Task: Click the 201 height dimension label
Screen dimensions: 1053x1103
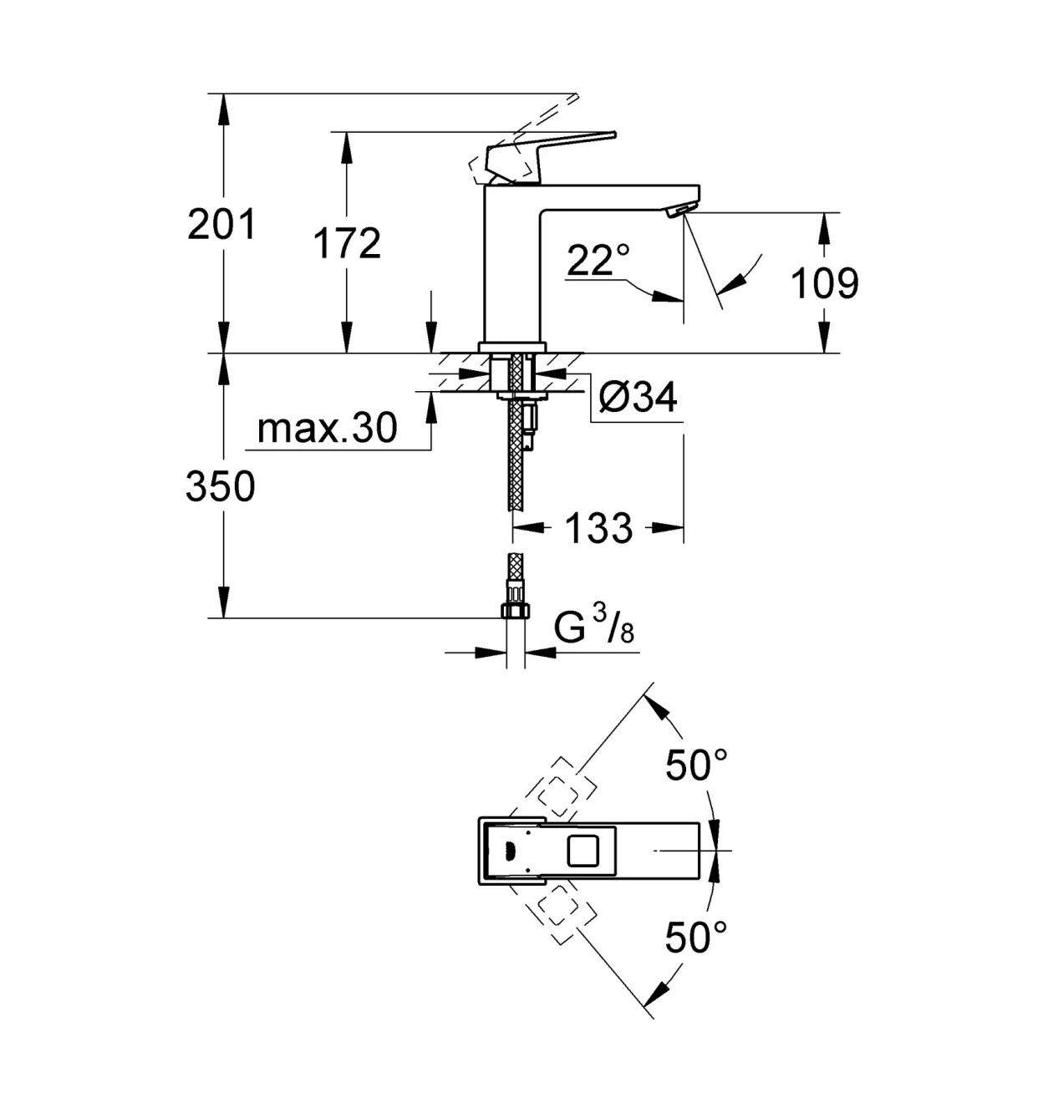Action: coord(221,225)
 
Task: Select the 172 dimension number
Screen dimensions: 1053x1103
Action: coord(346,243)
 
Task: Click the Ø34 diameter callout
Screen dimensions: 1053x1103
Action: coord(638,397)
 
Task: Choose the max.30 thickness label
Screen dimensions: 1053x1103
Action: coord(328,428)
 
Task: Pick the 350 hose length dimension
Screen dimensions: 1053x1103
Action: coord(220,486)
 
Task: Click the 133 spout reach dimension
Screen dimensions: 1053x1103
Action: coord(598,528)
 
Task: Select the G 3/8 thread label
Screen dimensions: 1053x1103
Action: coord(594,628)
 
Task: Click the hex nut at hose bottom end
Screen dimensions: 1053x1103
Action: coord(516,610)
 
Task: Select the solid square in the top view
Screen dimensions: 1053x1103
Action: coord(583,851)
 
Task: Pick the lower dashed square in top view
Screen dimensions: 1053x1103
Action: coord(557,907)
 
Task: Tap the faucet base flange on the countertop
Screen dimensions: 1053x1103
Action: coord(512,348)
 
